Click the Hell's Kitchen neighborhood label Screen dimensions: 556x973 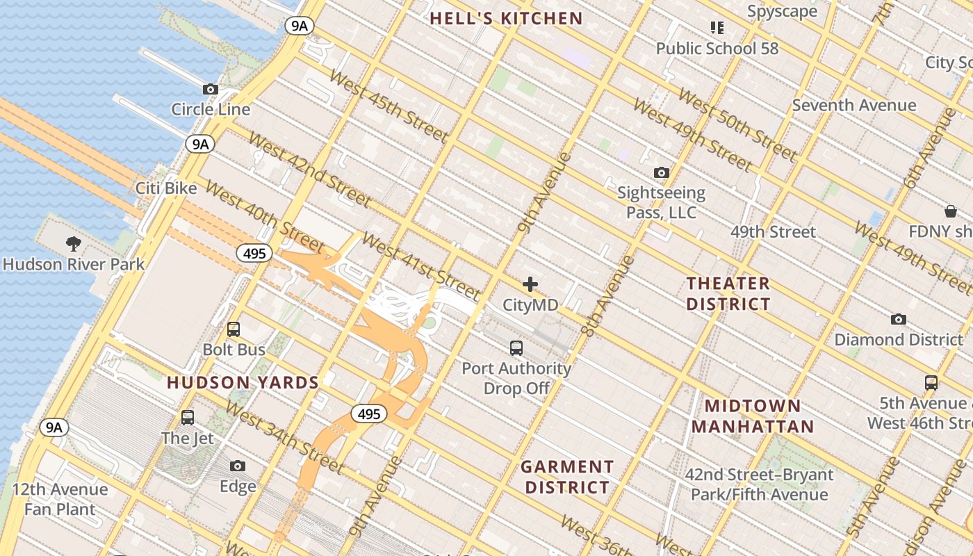506,19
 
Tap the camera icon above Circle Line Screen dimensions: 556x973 210,90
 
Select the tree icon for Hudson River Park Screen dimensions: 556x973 73,244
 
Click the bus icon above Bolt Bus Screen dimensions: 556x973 234,329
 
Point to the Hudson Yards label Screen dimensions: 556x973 243,382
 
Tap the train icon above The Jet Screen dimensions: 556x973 188,418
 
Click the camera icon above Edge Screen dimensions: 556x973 238,466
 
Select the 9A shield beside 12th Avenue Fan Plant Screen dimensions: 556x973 54,427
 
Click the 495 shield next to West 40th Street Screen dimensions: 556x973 254,254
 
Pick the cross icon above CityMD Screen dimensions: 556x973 530,284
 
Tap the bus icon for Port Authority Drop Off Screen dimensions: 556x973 516,348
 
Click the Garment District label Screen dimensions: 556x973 567,477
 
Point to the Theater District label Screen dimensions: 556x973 728,293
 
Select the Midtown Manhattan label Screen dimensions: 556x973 753,416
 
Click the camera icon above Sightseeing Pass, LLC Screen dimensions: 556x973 661,172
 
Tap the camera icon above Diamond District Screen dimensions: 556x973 898,320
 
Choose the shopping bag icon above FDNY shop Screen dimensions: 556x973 950,211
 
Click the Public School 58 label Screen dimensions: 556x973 717,49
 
